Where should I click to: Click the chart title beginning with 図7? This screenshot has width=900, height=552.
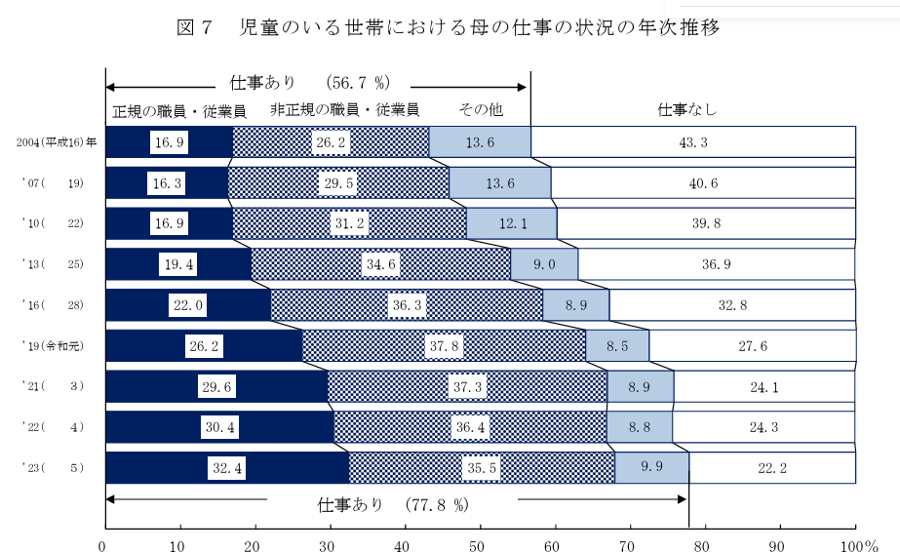tap(449, 28)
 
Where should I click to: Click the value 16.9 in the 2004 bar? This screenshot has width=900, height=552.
tap(169, 142)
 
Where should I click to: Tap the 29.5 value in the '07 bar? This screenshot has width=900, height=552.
tap(338, 182)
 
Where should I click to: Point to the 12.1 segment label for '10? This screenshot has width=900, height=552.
tap(512, 223)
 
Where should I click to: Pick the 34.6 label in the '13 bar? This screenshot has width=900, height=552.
tap(381, 263)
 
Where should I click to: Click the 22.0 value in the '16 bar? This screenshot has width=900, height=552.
tap(188, 304)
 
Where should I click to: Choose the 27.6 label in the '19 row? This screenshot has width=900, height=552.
tap(751, 345)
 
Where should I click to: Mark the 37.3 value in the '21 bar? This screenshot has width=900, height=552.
tap(466, 386)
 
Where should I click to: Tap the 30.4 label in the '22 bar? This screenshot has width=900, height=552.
tap(219, 426)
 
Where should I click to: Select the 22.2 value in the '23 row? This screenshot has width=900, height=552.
tap(771, 467)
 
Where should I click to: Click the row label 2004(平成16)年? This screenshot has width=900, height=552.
tap(56, 142)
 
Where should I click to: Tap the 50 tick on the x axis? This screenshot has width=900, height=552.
tap(479, 543)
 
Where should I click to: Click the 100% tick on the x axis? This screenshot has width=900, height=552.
tap(857, 543)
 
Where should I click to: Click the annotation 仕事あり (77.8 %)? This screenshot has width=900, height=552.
tap(394, 505)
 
